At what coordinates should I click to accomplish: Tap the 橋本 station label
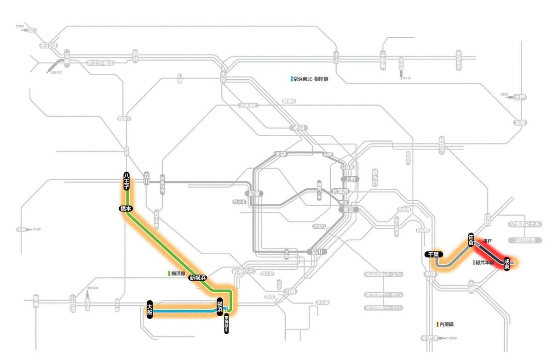[x=126, y=209]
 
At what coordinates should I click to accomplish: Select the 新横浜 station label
[x=198, y=278]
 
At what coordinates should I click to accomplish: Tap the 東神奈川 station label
[x=226, y=325]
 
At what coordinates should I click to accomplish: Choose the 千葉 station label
[x=434, y=254]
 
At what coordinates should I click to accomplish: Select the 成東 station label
[x=506, y=264]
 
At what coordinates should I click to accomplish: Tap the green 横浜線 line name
[x=178, y=273]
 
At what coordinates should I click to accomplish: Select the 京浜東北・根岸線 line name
[x=310, y=79]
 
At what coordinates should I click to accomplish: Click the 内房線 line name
[x=446, y=325]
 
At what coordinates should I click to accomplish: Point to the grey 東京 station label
[x=348, y=209]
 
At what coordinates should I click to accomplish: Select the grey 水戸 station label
[x=519, y=98]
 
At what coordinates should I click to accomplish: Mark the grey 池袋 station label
[x=280, y=154]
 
